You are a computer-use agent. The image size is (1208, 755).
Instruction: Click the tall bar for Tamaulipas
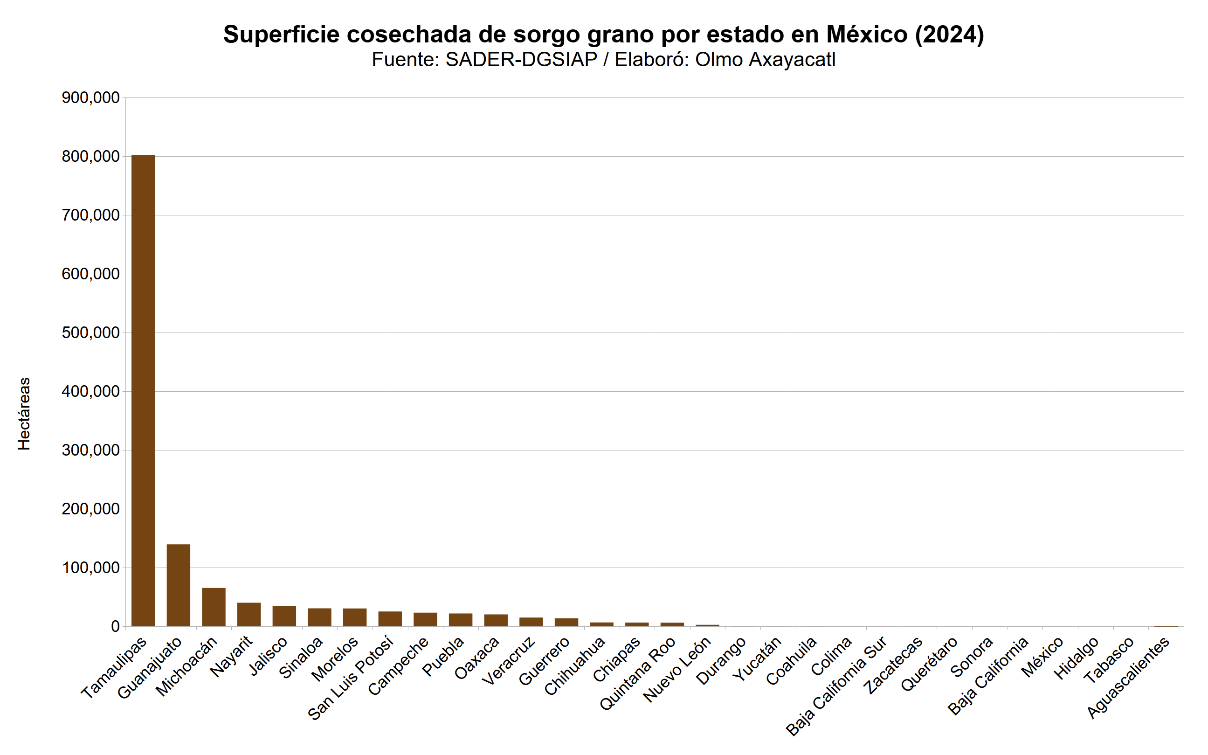[143, 390]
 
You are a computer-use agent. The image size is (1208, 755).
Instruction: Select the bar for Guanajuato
[178, 585]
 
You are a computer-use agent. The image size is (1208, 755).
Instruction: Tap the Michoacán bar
[214, 607]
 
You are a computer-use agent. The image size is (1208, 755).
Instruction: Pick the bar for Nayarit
[249, 614]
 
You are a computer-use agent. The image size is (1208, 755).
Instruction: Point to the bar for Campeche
[425, 619]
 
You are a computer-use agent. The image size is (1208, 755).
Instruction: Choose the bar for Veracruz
[531, 622]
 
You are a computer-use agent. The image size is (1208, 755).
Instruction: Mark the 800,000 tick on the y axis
[90, 156]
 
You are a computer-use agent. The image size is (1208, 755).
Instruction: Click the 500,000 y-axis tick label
[90, 332]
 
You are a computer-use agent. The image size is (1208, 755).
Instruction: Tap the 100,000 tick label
[90, 568]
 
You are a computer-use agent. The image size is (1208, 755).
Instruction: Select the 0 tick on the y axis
[115, 626]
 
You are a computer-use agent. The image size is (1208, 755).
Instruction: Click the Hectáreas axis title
[24, 414]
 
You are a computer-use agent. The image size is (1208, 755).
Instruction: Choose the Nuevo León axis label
[677, 669]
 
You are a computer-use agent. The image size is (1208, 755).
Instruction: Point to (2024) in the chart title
[949, 35]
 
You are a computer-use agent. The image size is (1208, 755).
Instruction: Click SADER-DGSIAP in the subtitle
[521, 60]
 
